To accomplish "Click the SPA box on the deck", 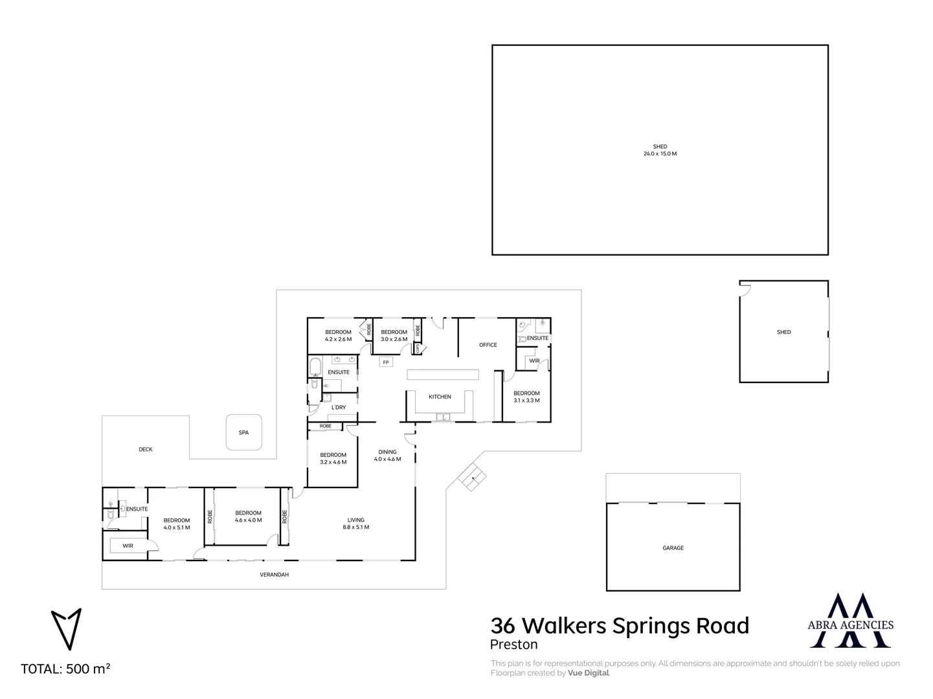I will pyautogui.click(x=243, y=432).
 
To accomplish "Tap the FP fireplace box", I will pyautogui.click(x=386, y=362).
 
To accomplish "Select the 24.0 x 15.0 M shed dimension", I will pyautogui.click(x=660, y=154).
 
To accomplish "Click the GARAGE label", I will pyautogui.click(x=673, y=548).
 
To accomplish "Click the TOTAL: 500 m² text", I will pyautogui.click(x=65, y=669).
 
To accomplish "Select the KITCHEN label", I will pyautogui.click(x=440, y=397).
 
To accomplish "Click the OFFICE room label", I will pyautogui.click(x=488, y=345).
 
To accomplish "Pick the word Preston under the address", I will pyautogui.click(x=513, y=645).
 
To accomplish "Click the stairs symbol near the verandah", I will pyautogui.click(x=472, y=477).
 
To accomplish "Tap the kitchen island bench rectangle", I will pyautogui.click(x=443, y=374).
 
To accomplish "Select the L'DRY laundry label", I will pyautogui.click(x=339, y=408).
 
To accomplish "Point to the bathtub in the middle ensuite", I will pyautogui.click(x=315, y=368).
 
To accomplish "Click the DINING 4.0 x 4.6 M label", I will pyautogui.click(x=387, y=456).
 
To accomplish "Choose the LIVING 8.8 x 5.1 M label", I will pyautogui.click(x=355, y=524).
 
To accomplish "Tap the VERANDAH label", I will pyautogui.click(x=274, y=575).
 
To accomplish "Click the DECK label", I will pyautogui.click(x=146, y=449).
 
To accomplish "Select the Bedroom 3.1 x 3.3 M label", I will pyautogui.click(x=526, y=397).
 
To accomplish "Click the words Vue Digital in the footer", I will pyautogui.click(x=588, y=673).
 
